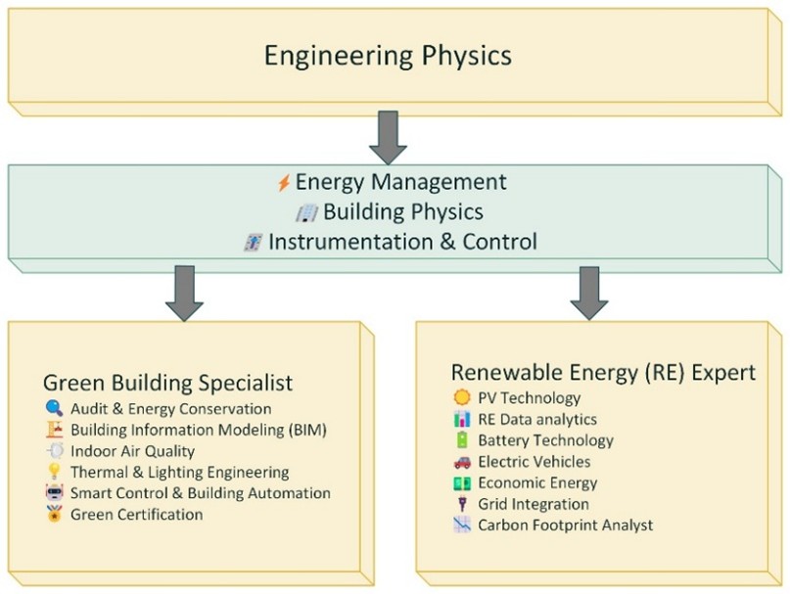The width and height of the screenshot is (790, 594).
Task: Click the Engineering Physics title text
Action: [388, 56]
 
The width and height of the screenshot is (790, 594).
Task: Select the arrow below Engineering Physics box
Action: [388, 137]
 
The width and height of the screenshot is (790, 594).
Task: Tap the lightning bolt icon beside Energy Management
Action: [284, 183]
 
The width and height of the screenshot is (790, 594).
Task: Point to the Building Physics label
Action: [403, 211]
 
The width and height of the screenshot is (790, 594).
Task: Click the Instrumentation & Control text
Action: [402, 242]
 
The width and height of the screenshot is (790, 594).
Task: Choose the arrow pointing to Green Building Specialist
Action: [184, 294]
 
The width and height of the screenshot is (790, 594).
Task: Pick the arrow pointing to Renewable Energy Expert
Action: [589, 294]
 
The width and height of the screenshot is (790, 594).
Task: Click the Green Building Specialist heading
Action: [167, 383]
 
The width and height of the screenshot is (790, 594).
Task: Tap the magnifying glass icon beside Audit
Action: [54, 408]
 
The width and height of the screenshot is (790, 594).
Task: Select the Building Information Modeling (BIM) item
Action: [199, 430]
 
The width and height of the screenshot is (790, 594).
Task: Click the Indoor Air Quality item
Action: [132, 451]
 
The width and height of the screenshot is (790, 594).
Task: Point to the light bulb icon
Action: [54, 472]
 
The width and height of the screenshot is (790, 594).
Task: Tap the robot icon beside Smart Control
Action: [54, 493]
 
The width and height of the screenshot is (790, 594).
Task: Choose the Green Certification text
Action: [136, 515]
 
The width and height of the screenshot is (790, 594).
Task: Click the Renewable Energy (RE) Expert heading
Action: [604, 372]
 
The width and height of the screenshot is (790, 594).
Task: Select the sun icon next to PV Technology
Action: [461, 397]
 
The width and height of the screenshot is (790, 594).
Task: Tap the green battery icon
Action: [461, 439]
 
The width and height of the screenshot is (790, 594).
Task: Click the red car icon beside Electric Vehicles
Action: [461, 462]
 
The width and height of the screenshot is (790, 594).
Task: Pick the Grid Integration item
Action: [534, 504]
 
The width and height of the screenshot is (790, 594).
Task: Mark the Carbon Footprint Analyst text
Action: [565, 525]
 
